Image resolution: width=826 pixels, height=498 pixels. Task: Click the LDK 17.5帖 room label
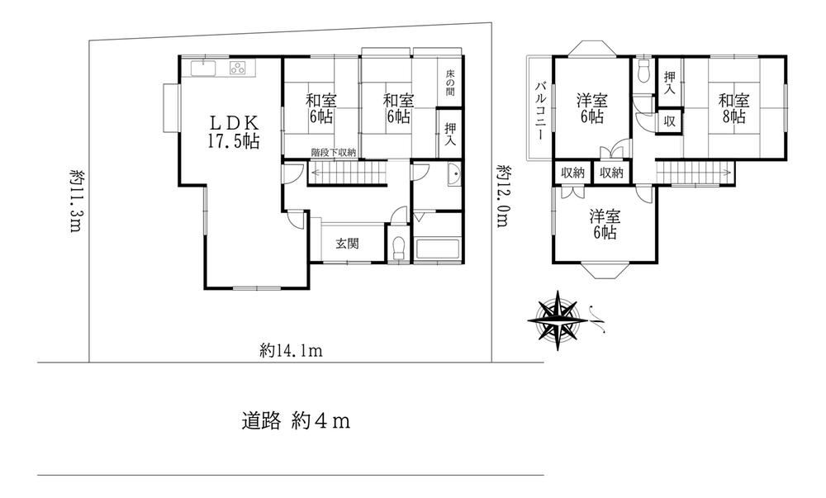click(234, 131)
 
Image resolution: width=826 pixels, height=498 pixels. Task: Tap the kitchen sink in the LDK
click(203, 69)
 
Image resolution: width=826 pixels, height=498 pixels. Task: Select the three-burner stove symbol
click(238, 68)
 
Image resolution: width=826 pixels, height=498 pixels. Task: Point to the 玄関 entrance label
click(347, 244)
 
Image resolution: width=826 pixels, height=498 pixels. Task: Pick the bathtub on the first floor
click(438, 249)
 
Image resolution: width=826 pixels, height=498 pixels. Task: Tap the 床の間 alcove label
click(450, 83)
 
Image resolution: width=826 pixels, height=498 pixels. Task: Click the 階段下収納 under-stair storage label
click(333, 153)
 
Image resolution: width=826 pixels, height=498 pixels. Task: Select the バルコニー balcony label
click(540, 110)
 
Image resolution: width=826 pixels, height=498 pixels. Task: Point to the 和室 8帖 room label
click(733, 108)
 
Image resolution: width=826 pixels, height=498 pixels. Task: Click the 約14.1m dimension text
click(291, 350)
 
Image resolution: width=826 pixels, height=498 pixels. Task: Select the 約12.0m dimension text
click(503, 195)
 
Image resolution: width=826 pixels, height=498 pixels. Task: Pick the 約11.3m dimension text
click(77, 200)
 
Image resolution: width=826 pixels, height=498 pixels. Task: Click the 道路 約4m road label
click(296, 421)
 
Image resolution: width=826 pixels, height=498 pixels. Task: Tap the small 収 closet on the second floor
click(670, 121)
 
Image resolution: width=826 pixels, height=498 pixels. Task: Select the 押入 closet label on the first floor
click(450, 134)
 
